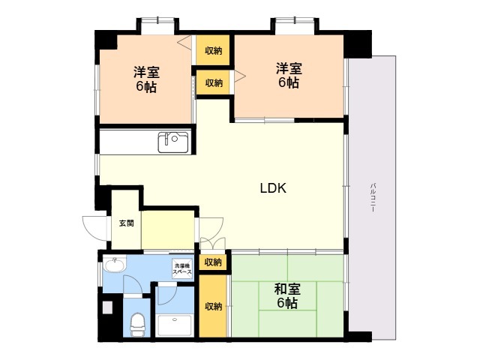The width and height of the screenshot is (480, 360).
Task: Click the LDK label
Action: point(273,188)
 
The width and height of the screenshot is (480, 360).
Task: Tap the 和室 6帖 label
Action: point(287,296)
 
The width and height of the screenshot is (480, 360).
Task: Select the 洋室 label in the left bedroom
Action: point(146,72)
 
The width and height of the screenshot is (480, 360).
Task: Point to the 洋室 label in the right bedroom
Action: point(289,68)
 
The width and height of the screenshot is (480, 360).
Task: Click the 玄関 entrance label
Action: point(127,223)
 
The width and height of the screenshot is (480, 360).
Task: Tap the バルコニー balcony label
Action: point(373,197)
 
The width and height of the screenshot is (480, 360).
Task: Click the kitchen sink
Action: point(173,142)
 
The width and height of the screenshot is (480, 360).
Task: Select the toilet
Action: point(137,324)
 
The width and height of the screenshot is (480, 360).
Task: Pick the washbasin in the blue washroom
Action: point(114,264)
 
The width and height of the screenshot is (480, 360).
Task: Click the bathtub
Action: point(175,325)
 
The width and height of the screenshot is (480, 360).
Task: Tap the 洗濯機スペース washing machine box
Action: point(182,269)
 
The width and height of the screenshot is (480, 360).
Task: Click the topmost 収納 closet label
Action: point(213,50)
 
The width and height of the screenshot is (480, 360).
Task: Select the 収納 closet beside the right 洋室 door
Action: point(214,82)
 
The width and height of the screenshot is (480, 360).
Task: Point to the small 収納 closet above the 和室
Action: point(213,262)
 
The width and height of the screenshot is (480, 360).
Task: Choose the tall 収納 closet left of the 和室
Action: point(213,306)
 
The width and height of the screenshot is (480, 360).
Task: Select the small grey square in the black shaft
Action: point(107,307)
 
